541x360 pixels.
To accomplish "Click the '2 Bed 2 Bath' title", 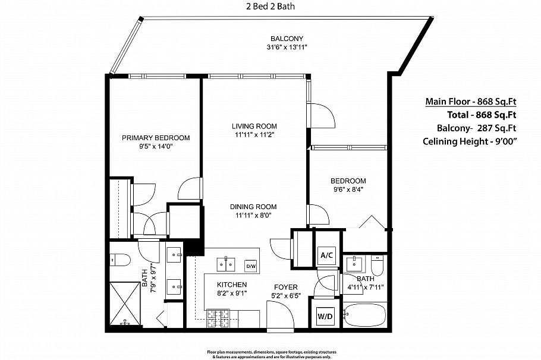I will pyautogui.click(x=270, y=7).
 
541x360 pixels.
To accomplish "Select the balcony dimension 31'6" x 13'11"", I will pyautogui.click(x=287, y=47).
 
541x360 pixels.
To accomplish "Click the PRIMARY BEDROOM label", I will pyautogui.click(x=156, y=138).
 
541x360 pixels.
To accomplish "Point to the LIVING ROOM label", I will pyautogui.click(x=254, y=126).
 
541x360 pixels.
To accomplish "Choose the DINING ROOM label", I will pyautogui.click(x=254, y=207).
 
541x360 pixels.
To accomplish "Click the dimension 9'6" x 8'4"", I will pyautogui.click(x=348, y=190).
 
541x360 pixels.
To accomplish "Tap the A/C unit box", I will pyautogui.click(x=326, y=255).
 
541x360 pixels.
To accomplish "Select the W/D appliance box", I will pyautogui.click(x=325, y=317).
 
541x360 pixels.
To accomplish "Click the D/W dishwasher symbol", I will pyautogui.click(x=251, y=266).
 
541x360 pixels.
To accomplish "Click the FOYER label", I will pyautogui.click(x=285, y=286).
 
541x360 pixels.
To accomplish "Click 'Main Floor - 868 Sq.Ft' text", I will pyautogui.click(x=470, y=101).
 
